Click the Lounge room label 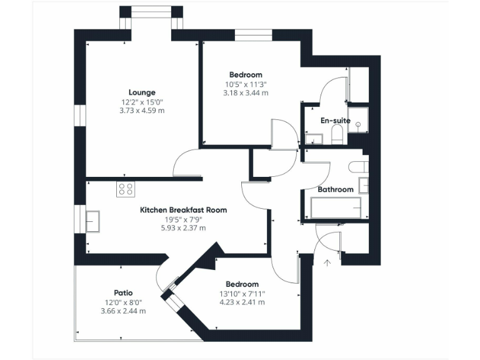[142, 92]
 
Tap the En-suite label [335, 121]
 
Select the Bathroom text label [335, 189]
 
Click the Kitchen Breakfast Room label [183, 210]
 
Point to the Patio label [122, 292]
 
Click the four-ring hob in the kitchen [125, 189]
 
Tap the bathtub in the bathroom [336, 207]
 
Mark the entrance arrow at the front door [326, 262]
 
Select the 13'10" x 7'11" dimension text [242, 293]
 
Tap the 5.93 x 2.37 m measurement [183, 228]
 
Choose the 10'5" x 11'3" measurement [247, 84]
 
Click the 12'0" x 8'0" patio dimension [122, 302]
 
